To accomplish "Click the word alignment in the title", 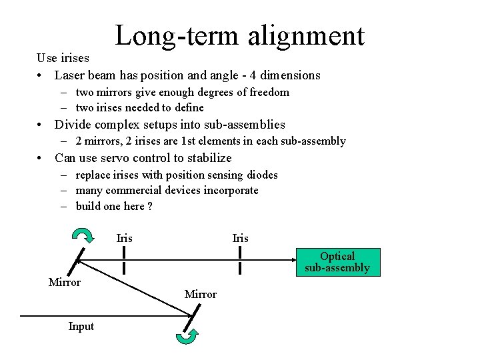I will pyautogui.click(x=306, y=36).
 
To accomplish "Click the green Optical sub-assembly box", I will pyautogui.click(x=337, y=262).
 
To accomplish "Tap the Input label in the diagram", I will pyautogui.click(x=81, y=326).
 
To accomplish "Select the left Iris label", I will pyautogui.click(x=125, y=238).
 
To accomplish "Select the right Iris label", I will pyautogui.click(x=240, y=238).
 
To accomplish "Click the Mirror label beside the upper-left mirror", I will pyautogui.click(x=65, y=282).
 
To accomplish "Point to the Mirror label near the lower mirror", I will pyautogui.click(x=201, y=294).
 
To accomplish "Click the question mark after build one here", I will pyautogui.click(x=150, y=206).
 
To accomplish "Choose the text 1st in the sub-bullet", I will pyautogui.click(x=189, y=141).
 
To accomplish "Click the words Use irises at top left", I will pyautogui.click(x=63, y=58).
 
